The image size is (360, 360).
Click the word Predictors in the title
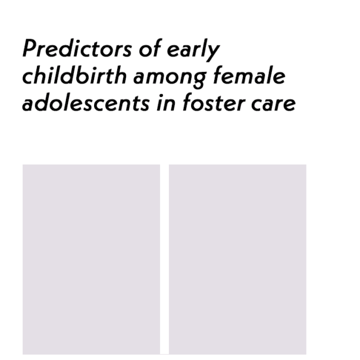coord(77,48)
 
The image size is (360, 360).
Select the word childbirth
coord(74,75)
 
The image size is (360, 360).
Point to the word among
coord(170,78)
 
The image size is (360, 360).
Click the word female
coord(249,75)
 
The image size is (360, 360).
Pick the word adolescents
coord(86,102)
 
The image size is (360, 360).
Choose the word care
coord(274,104)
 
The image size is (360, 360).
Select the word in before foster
coord(166,102)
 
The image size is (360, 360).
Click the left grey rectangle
coord(91,259)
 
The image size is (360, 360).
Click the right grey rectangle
coord(237,259)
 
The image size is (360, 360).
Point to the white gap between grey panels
coord(164,259)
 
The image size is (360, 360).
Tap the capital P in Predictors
coord(31,48)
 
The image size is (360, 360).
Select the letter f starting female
coord(218,75)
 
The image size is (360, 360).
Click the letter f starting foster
coord(189,102)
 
